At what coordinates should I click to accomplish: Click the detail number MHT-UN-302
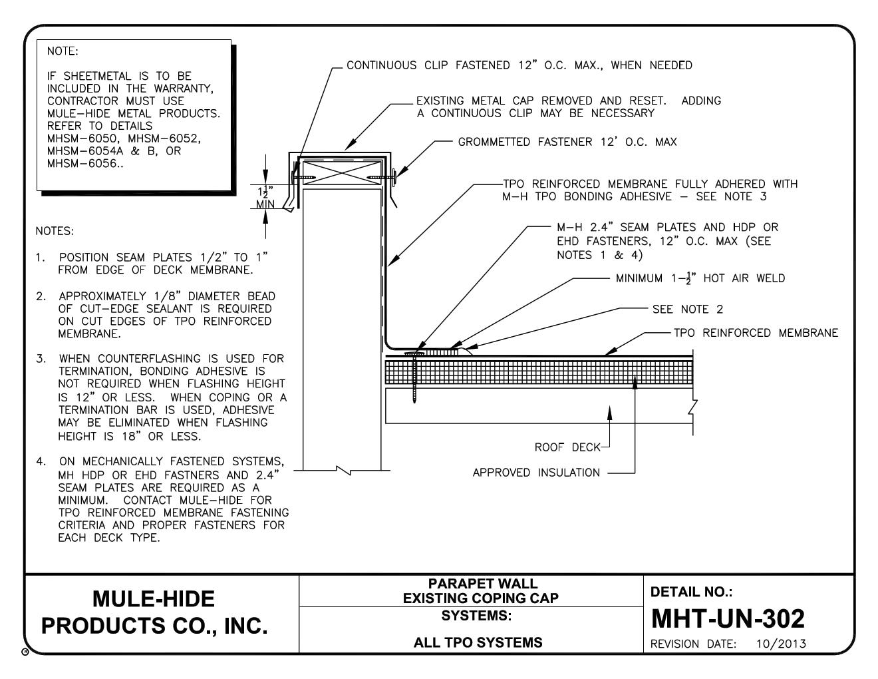(x=728, y=619)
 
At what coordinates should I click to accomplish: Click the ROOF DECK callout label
(x=567, y=447)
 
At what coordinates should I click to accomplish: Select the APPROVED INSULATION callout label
(x=536, y=473)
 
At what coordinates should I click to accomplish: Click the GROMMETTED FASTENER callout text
(x=567, y=142)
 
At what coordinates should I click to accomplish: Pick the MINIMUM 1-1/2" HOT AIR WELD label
(x=700, y=278)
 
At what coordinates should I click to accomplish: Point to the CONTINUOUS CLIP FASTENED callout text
(x=519, y=65)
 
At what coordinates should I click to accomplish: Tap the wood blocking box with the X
(x=343, y=173)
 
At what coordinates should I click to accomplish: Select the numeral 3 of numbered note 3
(x=41, y=359)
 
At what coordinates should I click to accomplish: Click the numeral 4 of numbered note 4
(x=41, y=461)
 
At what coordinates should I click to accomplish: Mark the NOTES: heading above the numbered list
(x=55, y=232)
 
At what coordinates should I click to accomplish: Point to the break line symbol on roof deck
(x=694, y=405)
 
